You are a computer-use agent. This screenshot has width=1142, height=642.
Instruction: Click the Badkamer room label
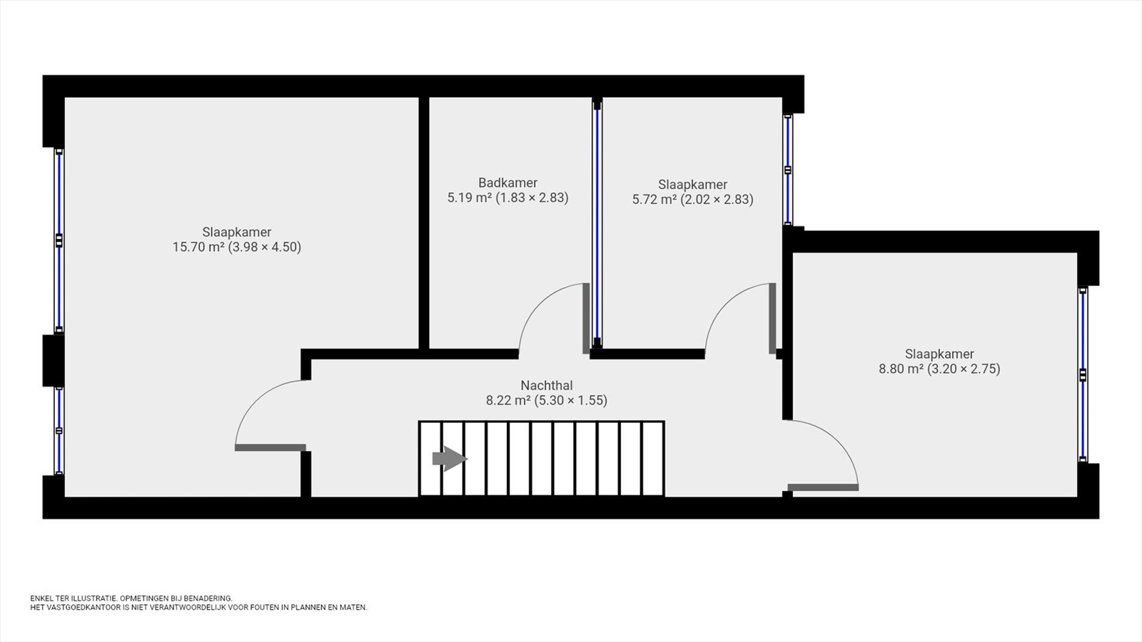pos(507,183)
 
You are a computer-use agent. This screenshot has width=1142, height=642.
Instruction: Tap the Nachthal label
pos(547,385)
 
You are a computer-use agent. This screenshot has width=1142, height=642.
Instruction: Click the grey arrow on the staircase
pos(450,459)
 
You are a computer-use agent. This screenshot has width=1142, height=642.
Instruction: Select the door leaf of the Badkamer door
pos(586,318)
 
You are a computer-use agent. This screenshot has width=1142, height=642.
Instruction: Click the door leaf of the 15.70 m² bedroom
pos(271,448)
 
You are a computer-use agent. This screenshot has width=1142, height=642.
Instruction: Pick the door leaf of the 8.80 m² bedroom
pos(823,488)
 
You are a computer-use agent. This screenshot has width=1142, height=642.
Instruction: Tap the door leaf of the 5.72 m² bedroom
pos(772,318)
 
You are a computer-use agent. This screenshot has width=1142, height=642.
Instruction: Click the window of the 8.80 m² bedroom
pos(1083,374)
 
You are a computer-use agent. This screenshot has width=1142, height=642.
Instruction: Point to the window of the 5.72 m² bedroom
pos(788,170)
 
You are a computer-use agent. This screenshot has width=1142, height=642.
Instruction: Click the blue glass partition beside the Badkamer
pos(597,223)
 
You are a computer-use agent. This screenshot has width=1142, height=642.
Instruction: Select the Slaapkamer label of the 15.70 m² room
pos(236,232)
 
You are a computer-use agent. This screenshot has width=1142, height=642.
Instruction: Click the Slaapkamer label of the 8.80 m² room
pos(939,354)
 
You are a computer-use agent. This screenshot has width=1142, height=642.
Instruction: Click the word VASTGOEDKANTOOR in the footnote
pos(81,607)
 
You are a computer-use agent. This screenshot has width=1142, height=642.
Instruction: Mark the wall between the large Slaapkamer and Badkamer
pos(424,223)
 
